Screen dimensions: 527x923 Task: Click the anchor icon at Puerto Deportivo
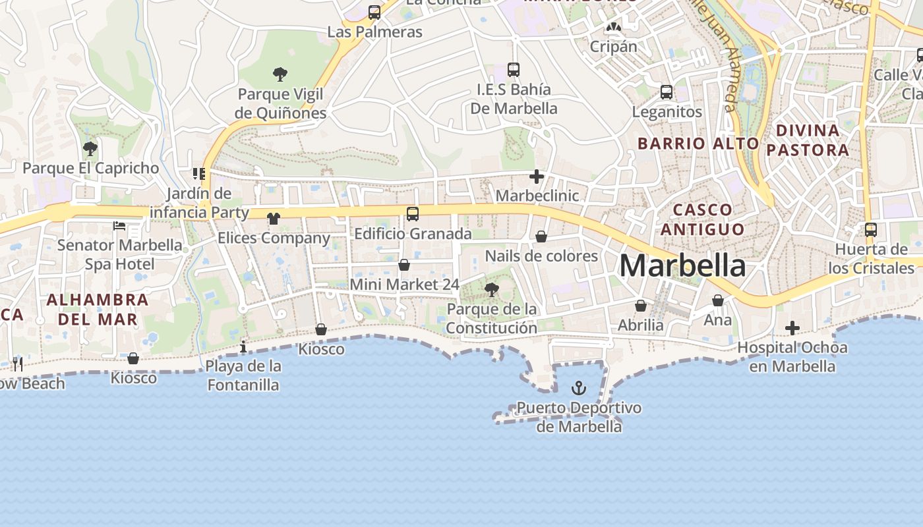tap(578, 387)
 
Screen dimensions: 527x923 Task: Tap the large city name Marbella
tap(682, 265)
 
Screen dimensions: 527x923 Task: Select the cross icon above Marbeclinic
tap(537, 176)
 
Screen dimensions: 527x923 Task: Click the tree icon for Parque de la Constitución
tap(491, 289)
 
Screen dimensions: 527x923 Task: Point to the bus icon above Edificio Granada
tap(413, 213)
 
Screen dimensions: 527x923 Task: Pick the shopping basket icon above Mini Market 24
tap(404, 265)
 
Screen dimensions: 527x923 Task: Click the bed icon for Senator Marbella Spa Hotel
tap(119, 226)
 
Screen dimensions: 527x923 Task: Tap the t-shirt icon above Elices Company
tap(274, 218)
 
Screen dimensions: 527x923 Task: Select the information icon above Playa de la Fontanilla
tap(243, 347)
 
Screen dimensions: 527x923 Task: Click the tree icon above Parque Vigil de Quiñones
tap(280, 74)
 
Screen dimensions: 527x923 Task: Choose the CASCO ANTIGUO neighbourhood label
tap(702, 219)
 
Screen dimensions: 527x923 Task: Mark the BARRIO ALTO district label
tap(698, 143)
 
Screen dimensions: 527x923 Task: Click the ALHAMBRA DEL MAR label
tap(98, 310)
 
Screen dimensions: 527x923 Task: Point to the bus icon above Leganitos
tap(667, 92)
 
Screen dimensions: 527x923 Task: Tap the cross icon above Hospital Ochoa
tap(792, 327)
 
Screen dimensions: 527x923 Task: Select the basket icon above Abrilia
tap(640, 306)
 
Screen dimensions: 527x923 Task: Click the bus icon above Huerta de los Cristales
tap(871, 230)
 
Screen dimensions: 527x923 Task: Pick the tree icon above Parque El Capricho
tap(90, 148)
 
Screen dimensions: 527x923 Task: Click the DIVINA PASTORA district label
tap(808, 140)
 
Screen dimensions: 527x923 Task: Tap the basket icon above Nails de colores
tap(541, 236)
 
